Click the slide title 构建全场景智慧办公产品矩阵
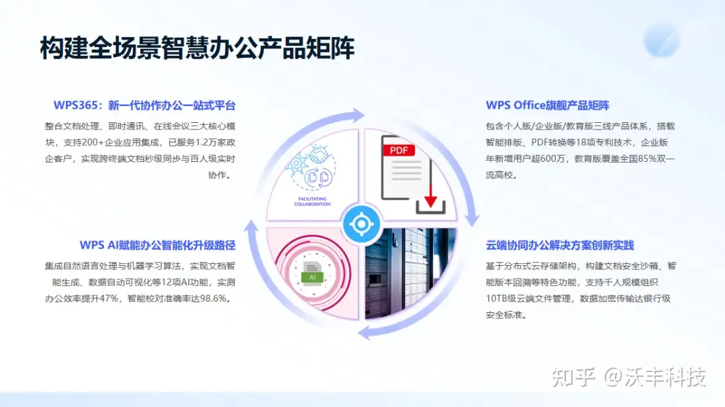[197, 48]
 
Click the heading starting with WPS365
[144, 105]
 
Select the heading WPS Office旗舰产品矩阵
[548, 105]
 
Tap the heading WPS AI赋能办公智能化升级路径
[158, 245]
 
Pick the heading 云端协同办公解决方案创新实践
[560, 245]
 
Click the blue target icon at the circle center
[362, 224]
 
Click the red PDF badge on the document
[399, 150]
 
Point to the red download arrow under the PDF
[430, 195]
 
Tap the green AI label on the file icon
[312, 277]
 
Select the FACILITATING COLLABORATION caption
[312, 201]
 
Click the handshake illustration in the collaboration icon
[318, 154]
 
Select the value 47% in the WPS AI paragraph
[109, 298]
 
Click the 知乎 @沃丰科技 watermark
[629, 377]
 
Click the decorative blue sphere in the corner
[662, 41]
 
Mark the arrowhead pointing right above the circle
[358, 115]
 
